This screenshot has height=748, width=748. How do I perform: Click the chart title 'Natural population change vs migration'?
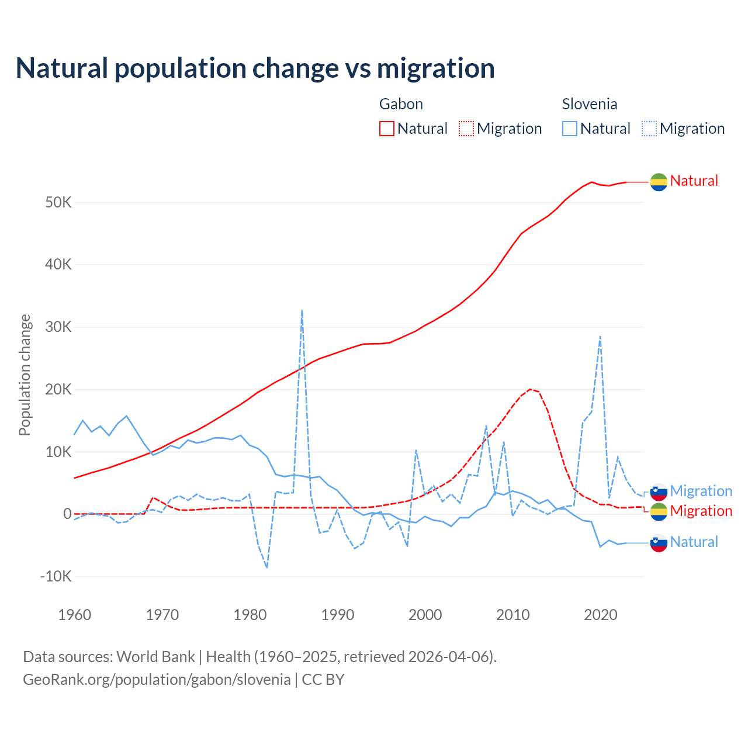pos(255,68)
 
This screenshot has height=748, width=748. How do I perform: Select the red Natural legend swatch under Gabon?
pos(387,129)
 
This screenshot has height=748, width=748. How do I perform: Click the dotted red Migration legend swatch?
pos(466,129)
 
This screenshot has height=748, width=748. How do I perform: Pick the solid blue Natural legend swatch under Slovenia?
pos(570,129)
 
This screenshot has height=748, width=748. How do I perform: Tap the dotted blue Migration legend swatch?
pos(649,129)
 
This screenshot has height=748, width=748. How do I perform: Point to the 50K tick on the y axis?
pos(58,203)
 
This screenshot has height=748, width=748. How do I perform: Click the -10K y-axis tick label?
pos(56,577)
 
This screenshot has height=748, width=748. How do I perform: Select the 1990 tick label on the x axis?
pos(338,615)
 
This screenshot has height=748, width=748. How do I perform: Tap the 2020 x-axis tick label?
pos(601,615)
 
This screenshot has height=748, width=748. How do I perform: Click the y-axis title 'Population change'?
pos(25,375)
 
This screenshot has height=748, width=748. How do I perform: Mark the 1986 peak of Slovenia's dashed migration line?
pos(302,310)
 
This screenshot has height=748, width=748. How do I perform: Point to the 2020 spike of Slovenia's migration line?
pos(600,337)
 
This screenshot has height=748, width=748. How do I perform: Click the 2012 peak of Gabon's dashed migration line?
pos(530,389)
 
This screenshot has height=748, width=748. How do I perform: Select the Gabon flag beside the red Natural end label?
pos(659,182)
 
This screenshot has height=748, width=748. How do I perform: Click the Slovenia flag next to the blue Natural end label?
pos(659,543)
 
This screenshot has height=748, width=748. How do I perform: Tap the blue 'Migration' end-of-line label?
pos(701,491)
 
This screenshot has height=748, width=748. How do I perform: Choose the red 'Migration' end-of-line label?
pos(701,511)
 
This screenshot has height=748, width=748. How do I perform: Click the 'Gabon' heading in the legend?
pos(401,104)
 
